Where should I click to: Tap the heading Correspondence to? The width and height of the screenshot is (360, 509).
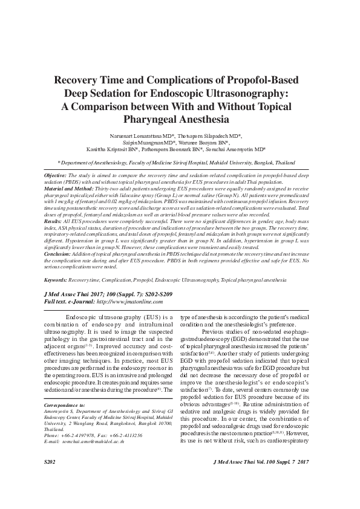(66, 414)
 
